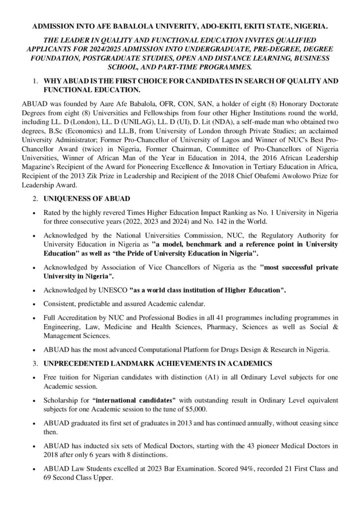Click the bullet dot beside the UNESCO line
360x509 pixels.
[32, 289]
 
